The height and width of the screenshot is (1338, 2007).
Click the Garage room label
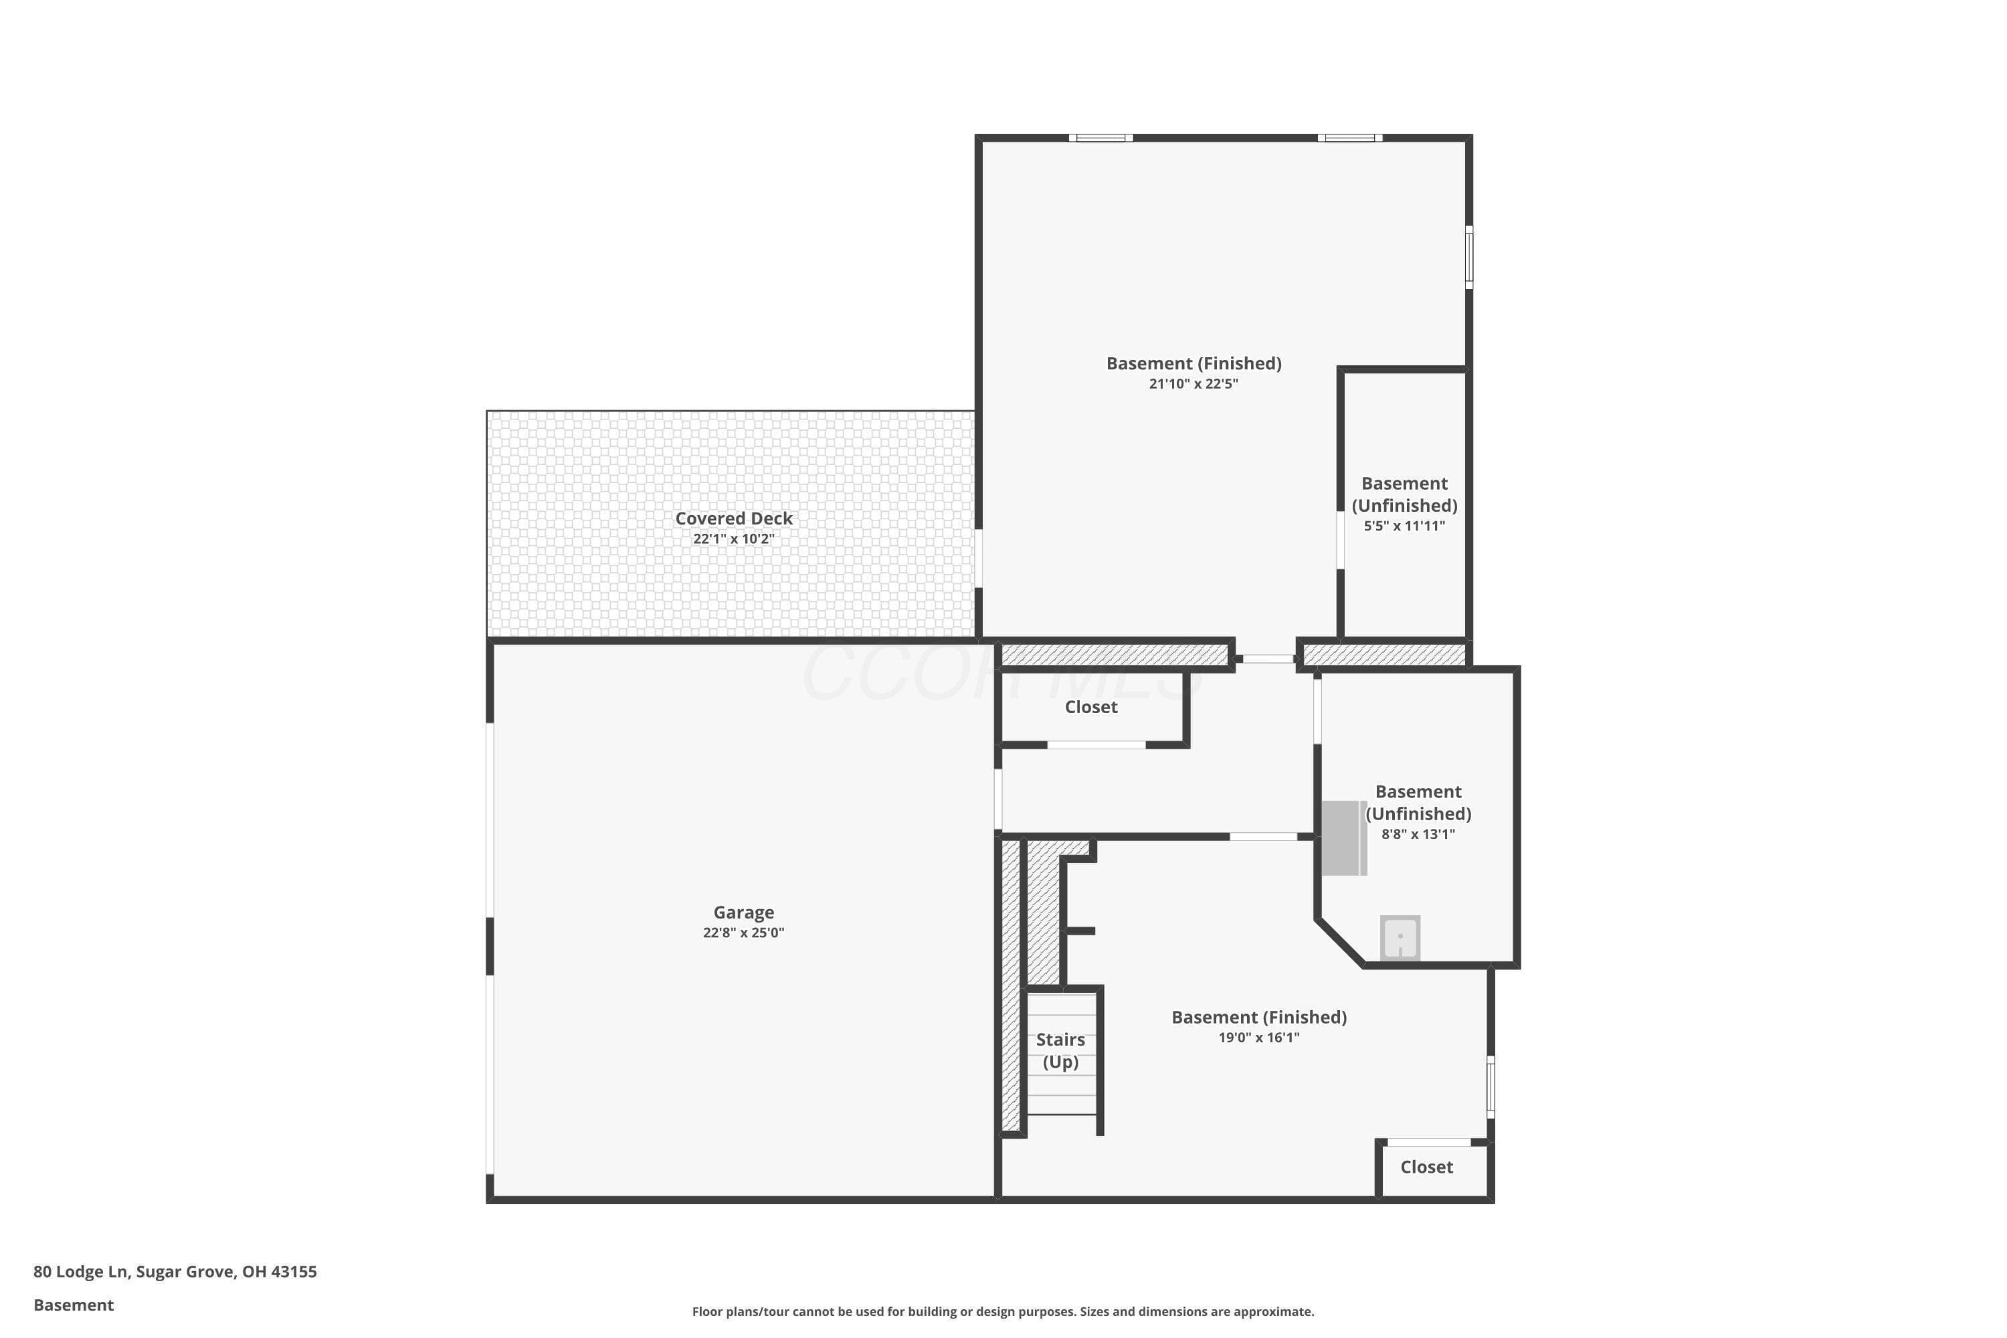(x=743, y=913)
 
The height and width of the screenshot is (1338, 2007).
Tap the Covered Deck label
(x=734, y=518)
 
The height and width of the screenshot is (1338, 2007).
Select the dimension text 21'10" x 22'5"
(x=1193, y=384)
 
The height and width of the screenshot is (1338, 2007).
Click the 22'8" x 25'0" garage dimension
(x=743, y=933)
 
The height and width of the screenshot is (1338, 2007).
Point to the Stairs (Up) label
(x=1060, y=1050)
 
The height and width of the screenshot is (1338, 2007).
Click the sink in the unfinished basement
(x=1400, y=937)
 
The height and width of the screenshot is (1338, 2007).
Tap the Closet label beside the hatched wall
(x=1090, y=706)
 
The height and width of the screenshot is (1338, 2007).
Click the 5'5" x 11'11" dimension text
(x=1404, y=526)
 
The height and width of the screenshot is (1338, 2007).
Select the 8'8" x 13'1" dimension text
(x=1418, y=834)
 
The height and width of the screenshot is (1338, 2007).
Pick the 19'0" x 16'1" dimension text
(x=1258, y=1038)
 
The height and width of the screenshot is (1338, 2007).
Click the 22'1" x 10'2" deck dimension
(x=734, y=539)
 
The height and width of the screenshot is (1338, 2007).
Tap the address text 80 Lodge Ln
(x=80, y=1272)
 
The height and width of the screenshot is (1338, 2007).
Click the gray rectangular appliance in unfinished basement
(x=1344, y=838)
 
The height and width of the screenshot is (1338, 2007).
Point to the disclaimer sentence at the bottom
(x=1003, y=1311)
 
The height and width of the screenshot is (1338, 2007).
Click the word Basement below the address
(x=74, y=1305)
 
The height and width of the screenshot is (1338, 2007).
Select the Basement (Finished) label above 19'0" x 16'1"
(x=1258, y=1017)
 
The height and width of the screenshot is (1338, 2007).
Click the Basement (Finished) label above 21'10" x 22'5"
(x=1193, y=363)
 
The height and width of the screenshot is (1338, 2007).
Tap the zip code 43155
(x=294, y=1272)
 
